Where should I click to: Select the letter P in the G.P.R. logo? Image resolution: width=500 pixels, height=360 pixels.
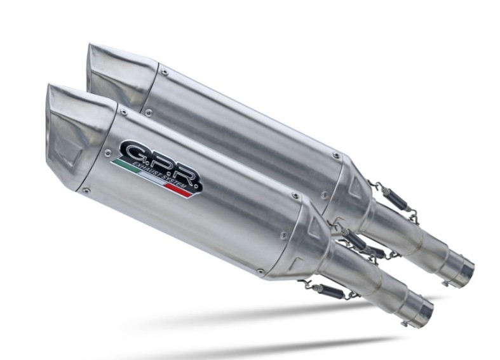(161, 166)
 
